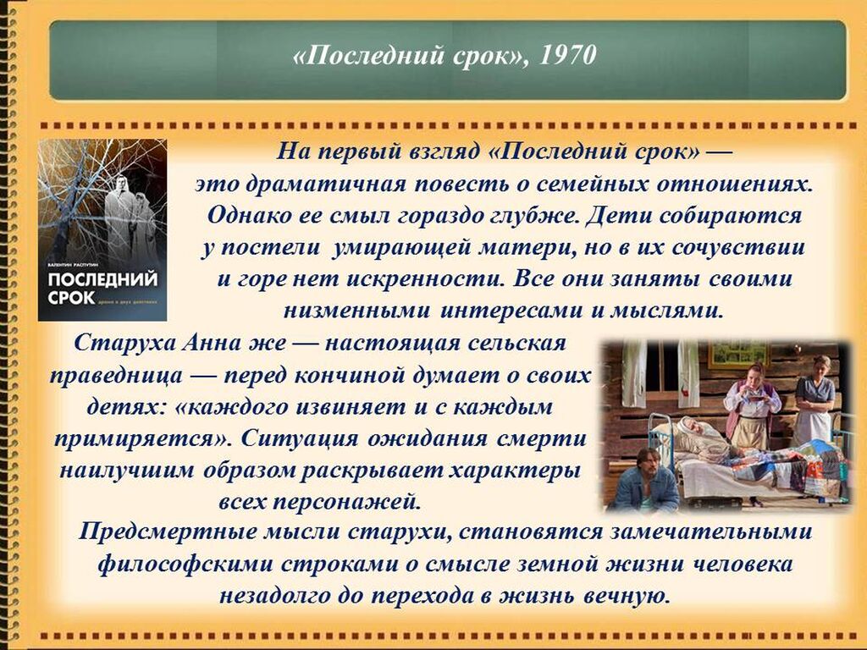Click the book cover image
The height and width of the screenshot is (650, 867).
pos(102,229)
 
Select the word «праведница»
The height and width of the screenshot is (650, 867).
pos(116,376)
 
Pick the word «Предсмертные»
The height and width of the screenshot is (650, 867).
pos(167,532)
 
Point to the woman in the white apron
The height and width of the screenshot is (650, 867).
pos(814,399)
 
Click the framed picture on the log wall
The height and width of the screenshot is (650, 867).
pos(738,355)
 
